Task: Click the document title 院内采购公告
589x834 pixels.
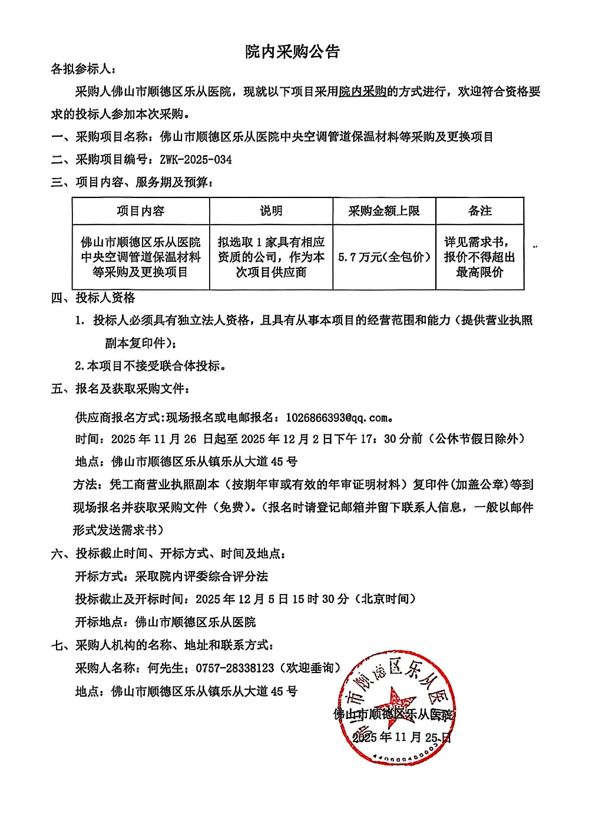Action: [292, 52]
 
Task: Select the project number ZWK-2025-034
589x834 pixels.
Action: [196, 160]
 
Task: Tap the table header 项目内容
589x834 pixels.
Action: [140, 211]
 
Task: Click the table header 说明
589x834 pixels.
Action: [271, 211]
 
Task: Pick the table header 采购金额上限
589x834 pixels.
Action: [384, 211]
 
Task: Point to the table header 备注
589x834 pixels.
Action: [479, 211]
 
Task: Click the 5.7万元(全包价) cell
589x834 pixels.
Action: [384, 257]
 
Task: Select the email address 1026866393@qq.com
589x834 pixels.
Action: [337, 418]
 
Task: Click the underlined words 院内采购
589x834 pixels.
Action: [362, 91]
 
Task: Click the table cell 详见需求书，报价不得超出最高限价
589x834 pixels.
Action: [479, 257]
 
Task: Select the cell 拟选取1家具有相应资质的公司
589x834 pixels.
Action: [271, 257]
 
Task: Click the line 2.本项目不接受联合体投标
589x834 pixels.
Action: [150, 366]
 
